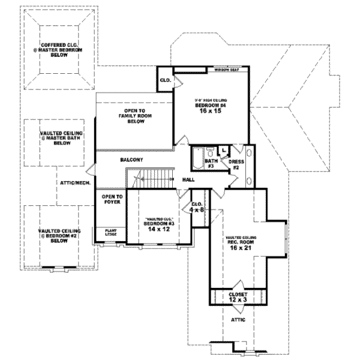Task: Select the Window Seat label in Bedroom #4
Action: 226,70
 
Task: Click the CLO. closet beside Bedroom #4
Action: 166,80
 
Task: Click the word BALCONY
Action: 131,160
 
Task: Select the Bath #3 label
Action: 211,163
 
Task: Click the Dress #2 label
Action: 235,164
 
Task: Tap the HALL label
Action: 188,179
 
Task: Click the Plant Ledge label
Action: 112,233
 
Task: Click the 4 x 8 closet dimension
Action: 198,210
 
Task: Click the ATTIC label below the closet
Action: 238,320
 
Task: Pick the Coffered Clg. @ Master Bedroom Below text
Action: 58,49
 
